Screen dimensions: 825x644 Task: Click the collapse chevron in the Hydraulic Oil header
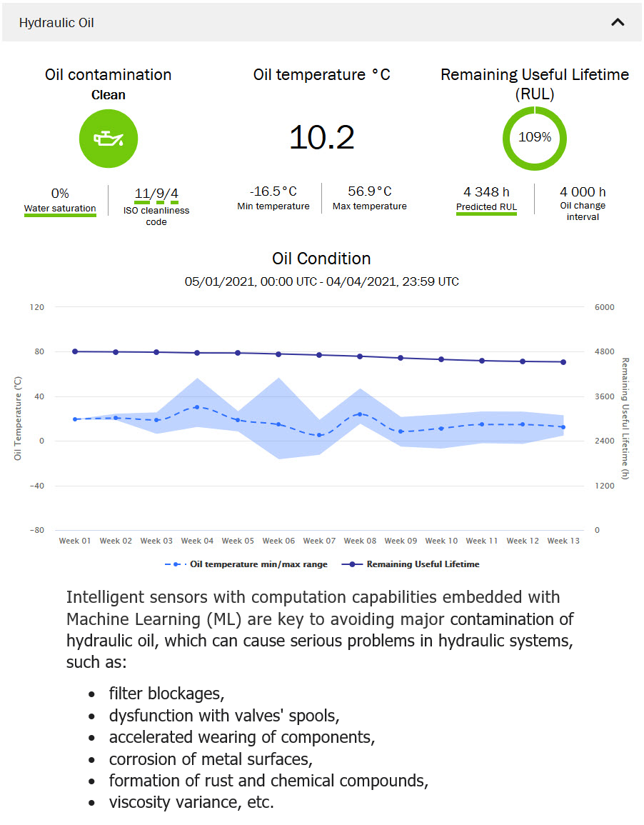[x=618, y=22]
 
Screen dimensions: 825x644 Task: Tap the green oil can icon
[x=109, y=139]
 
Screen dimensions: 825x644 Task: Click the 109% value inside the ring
[x=535, y=137]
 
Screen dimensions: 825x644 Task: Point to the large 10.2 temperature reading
[x=321, y=136]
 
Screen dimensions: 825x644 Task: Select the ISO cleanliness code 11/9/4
[x=156, y=194]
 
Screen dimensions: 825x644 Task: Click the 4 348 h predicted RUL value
[x=486, y=192]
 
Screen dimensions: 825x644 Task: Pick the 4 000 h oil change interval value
[x=583, y=192]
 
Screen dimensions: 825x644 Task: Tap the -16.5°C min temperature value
[x=273, y=191]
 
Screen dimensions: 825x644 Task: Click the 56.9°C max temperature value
[x=370, y=191]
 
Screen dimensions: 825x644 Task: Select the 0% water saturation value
[x=60, y=194]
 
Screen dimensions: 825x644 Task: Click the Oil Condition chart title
[x=321, y=259]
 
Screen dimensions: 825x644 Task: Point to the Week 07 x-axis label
[x=319, y=541]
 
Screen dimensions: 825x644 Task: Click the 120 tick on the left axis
[x=36, y=307]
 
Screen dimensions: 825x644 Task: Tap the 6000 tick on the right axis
[x=604, y=307]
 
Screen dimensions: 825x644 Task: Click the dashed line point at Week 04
[x=197, y=407]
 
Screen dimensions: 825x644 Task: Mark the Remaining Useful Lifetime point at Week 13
[x=563, y=362]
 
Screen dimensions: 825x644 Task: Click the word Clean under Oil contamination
[x=109, y=95]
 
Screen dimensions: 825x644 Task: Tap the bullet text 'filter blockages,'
[x=167, y=694]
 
